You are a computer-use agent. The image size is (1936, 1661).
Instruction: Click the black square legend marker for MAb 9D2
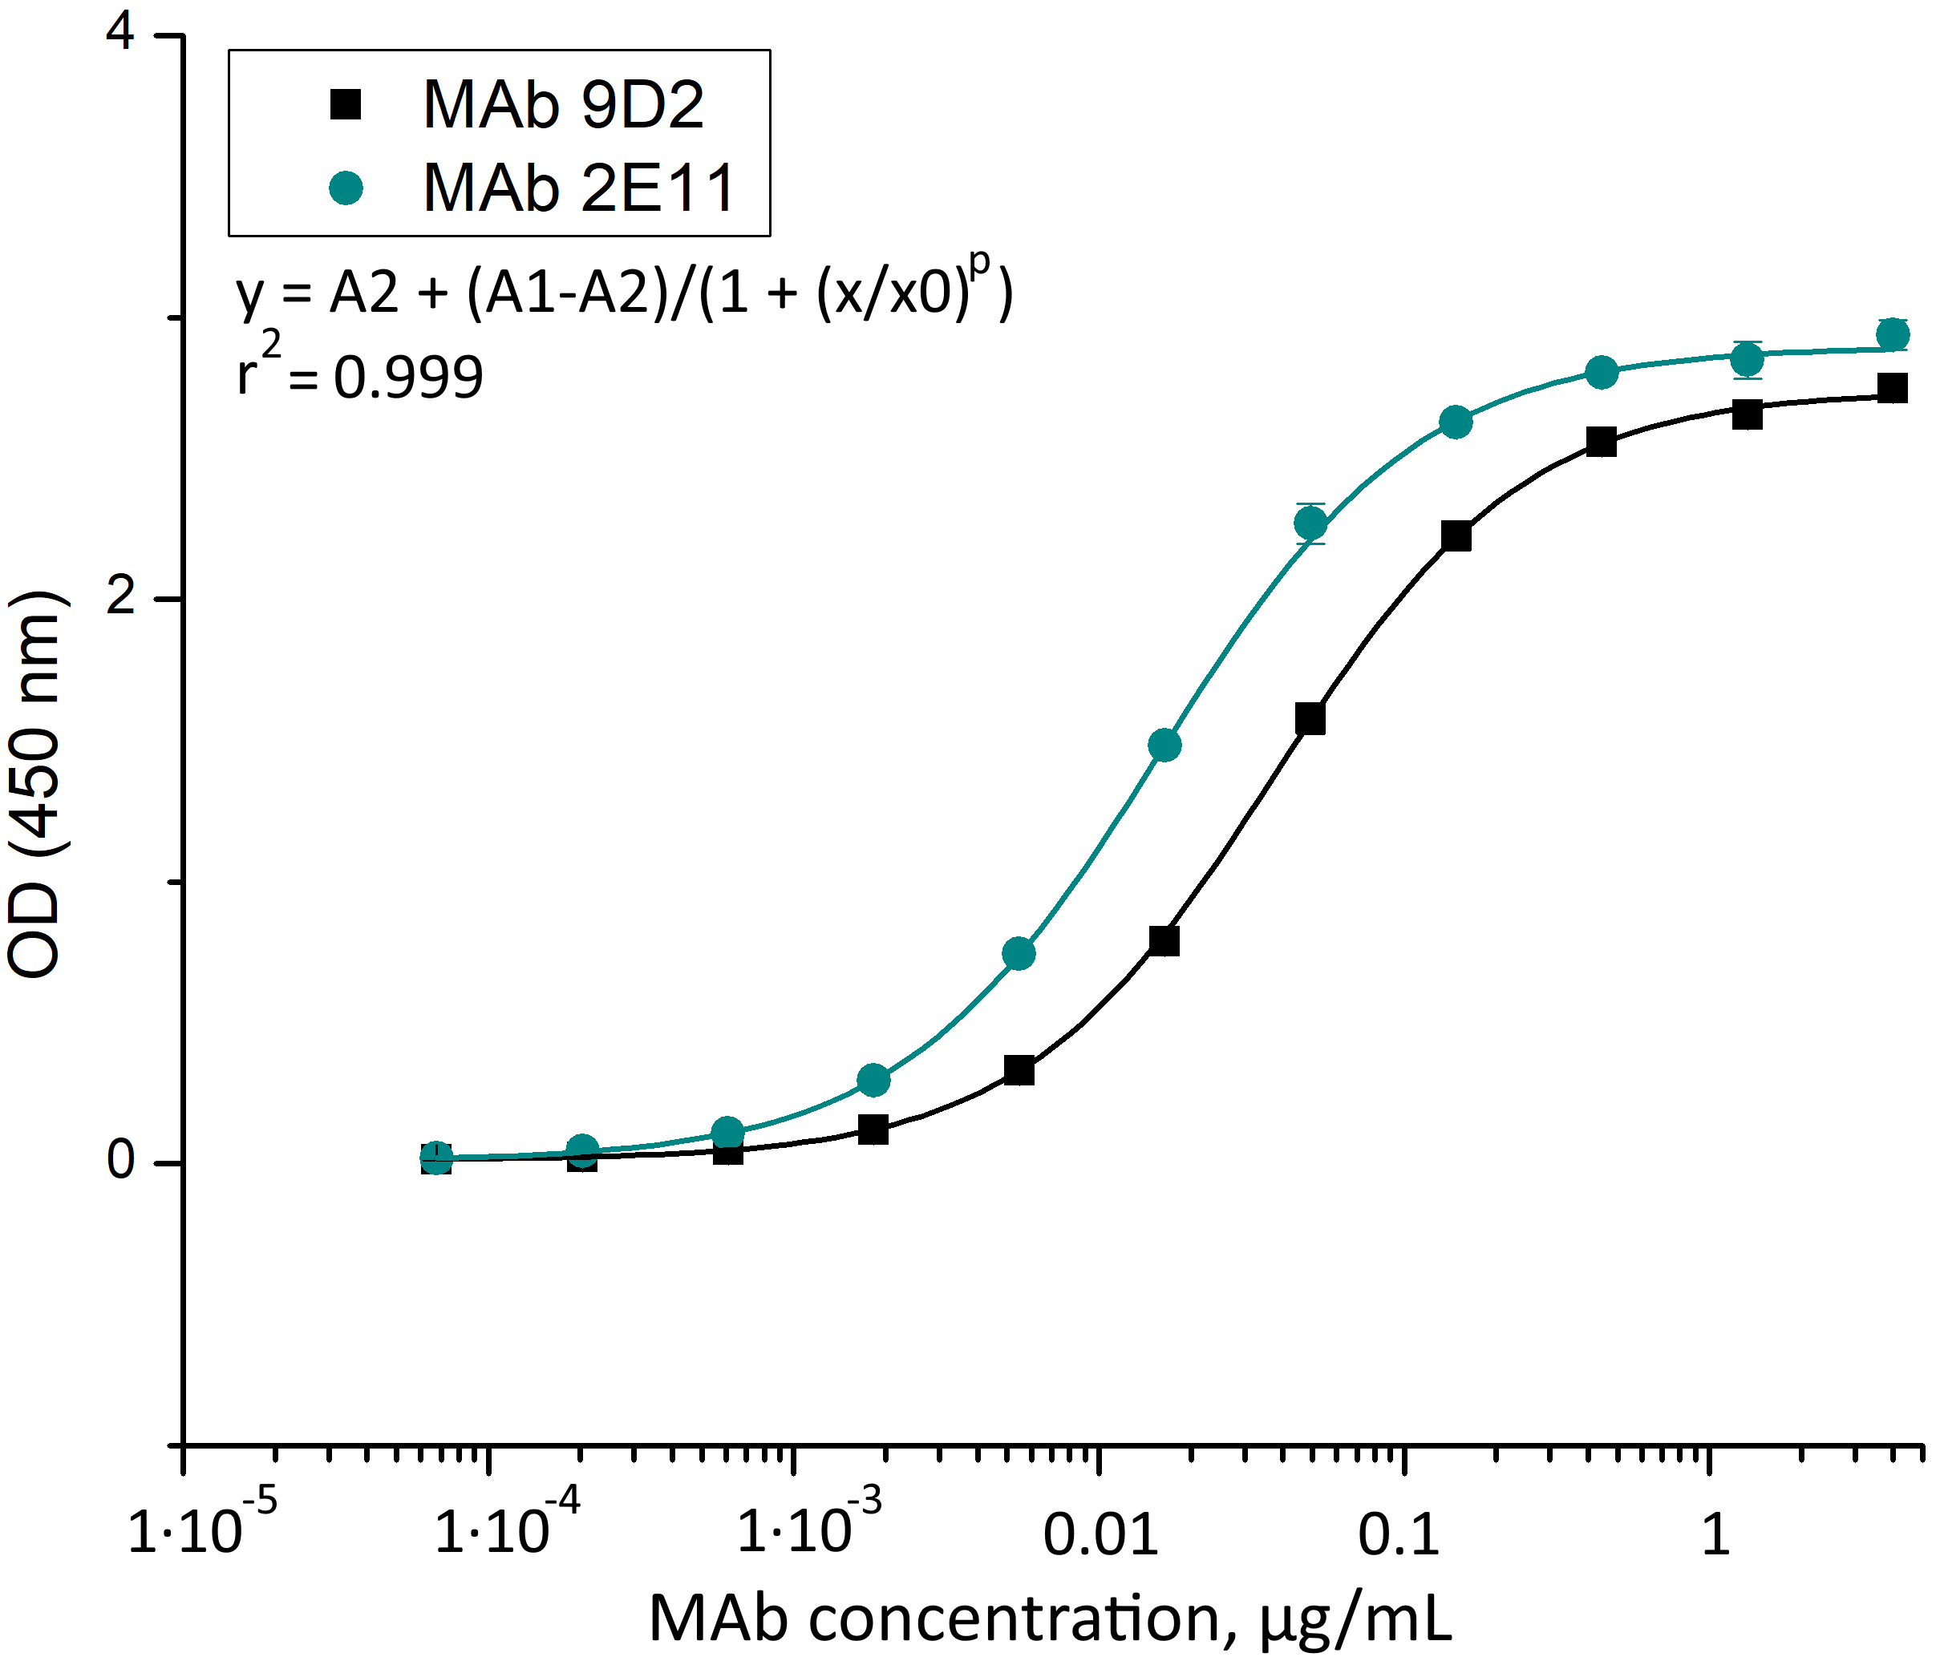(346, 103)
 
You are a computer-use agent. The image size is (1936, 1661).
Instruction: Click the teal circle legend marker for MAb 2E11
(346, 188)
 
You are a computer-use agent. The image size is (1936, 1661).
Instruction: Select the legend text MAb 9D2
(564, 103)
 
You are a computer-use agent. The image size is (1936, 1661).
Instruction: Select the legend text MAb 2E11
(579, 188)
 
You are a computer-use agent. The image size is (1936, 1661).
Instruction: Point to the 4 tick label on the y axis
(120, 34)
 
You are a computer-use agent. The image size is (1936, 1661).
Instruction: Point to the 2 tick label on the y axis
(120, 596)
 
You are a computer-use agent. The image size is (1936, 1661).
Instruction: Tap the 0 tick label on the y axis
(120, 1160)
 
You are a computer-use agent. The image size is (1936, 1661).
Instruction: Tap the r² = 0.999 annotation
(360, 371)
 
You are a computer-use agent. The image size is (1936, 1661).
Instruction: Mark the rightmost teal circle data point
(1892, 334)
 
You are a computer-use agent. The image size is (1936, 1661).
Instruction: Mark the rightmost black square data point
(1892, 388)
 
